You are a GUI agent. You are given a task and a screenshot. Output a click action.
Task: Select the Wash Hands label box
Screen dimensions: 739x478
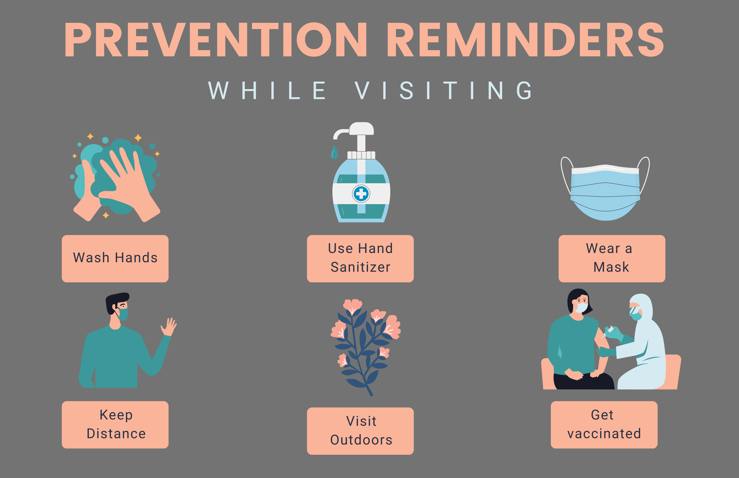115,259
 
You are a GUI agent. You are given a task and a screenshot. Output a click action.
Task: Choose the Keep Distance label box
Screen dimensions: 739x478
115,425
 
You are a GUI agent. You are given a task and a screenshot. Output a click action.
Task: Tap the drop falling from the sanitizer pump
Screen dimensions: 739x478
334,152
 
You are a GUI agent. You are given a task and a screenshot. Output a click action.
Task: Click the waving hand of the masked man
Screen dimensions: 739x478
168,327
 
